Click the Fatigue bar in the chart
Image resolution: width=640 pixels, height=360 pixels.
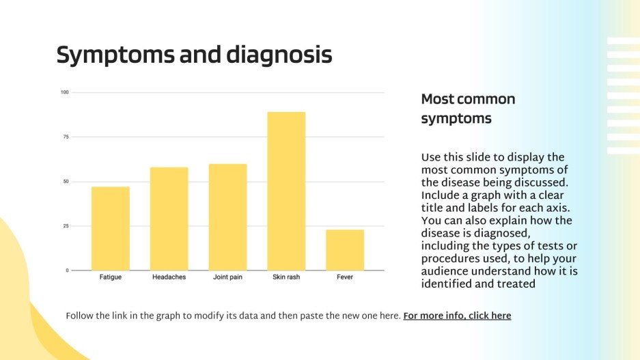coord(110,228)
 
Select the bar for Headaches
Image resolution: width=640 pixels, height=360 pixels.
coord(169,219)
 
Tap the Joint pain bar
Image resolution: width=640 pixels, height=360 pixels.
coord(227,217)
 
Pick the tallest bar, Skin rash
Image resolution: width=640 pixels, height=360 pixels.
coord(286,191)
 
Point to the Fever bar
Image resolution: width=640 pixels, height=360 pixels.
coord(345,250)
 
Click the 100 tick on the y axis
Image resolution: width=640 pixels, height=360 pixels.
coord(64,92)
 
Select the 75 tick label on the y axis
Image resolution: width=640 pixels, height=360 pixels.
coord(66,137)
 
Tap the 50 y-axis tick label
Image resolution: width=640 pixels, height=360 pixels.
coord(66,182)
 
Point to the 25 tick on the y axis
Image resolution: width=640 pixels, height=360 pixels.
coord(66,226)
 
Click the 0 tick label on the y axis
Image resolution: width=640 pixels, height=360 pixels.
coord(67,271)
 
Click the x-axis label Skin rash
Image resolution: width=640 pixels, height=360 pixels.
coord(286,277)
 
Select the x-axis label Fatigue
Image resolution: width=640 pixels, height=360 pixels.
coord(110,277)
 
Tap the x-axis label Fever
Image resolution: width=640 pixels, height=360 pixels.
coord(345,277)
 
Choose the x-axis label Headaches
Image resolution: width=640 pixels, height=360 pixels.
coord(169,277)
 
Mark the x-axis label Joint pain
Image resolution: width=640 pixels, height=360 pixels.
coord(227,277)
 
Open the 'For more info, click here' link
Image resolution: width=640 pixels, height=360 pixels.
coord(457,316)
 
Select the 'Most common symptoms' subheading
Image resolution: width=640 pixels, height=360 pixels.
coord(468,109)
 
